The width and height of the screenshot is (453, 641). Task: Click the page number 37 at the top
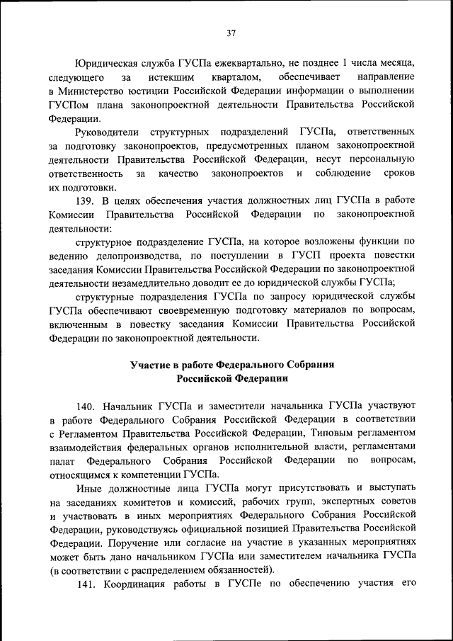tap(231, 33)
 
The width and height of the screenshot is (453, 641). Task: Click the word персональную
tap(379, 159)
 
